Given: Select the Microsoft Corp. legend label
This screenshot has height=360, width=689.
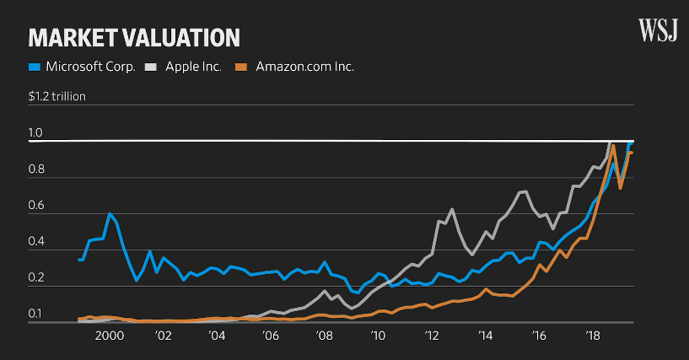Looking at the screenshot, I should click(x=90, y=67).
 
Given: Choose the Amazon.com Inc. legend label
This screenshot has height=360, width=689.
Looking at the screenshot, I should click(x=304, y=67).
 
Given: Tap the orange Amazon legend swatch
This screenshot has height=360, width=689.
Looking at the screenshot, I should click(x=245, y=67).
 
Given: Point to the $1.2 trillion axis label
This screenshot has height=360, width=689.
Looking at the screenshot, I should click(x=57, y=95).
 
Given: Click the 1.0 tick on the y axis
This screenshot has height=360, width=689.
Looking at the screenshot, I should click(x=35, y=132).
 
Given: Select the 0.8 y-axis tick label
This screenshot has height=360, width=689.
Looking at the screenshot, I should click(x=35, y=169).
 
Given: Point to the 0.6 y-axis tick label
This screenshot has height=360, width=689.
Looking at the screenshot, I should click(x=35, y=207).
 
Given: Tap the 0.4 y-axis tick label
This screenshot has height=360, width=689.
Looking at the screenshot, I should click(x=35, y=243).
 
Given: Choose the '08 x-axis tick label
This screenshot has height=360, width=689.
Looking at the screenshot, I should click(x=324, y=336).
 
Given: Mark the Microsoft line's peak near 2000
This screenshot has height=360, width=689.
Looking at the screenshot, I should click(x=109, y=213).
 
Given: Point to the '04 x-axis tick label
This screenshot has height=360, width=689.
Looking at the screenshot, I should click(x=216, y=336).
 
